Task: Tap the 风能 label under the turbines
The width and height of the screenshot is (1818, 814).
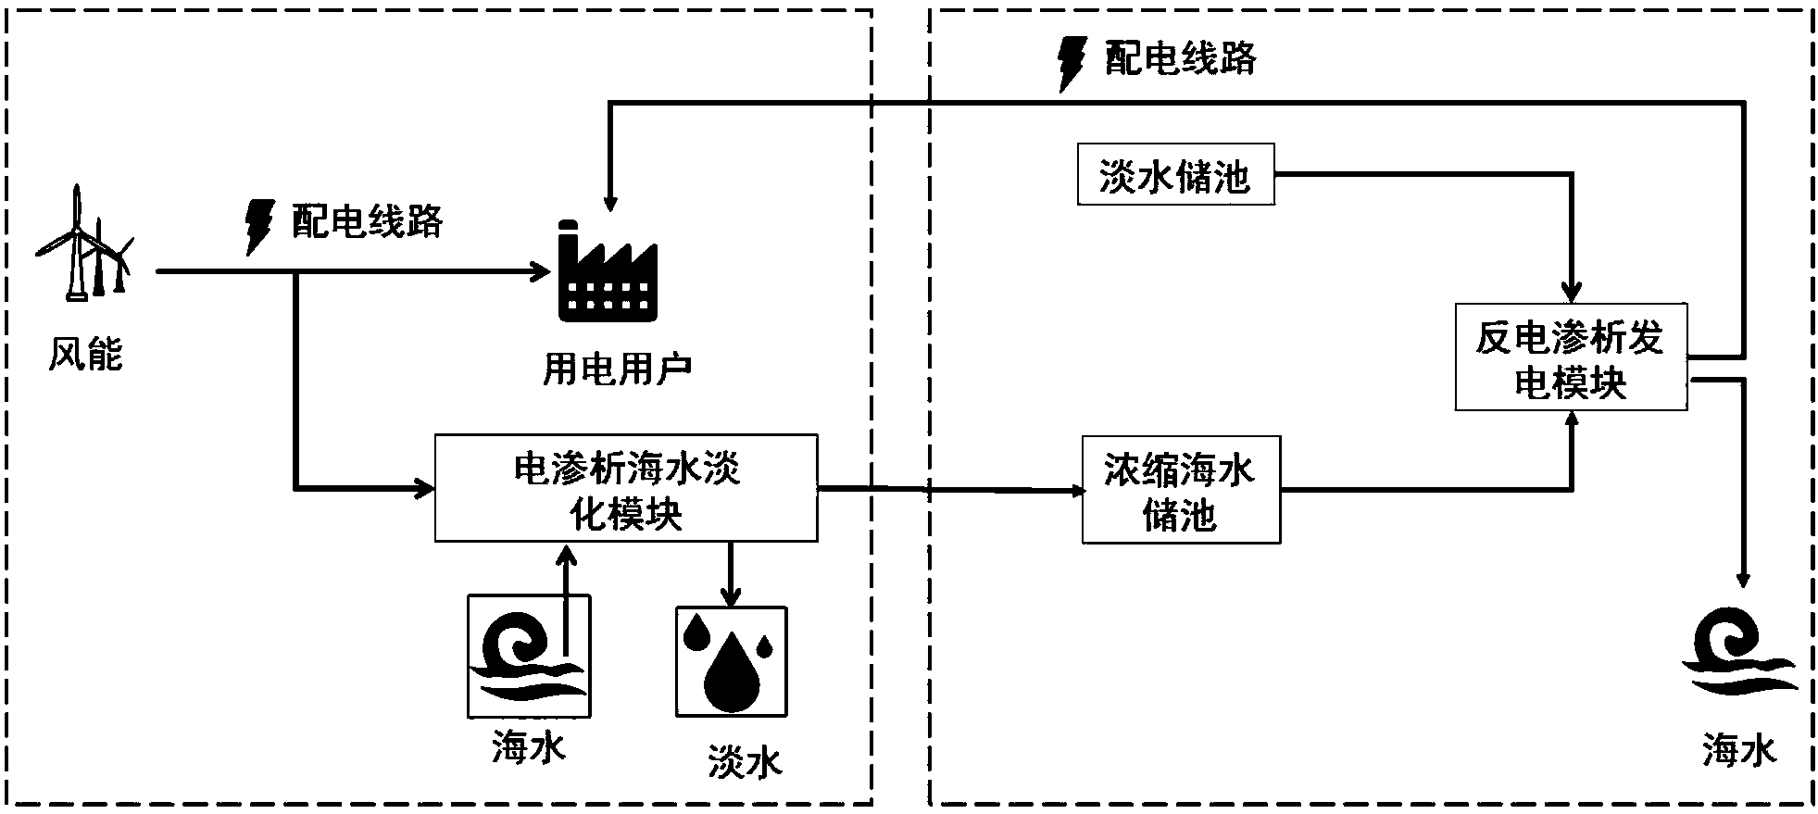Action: (85, 355)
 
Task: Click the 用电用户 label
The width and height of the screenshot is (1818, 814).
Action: (617, 369)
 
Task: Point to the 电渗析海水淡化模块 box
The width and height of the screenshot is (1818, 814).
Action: (626, 488)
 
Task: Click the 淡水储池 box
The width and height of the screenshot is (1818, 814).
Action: (1175, 174)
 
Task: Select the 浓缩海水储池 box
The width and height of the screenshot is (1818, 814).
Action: (1181, 490)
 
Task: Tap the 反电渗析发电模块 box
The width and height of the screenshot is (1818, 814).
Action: (1571, 357)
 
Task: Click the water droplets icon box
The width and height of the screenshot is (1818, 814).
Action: (732, 661)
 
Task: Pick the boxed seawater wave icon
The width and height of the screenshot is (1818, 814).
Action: (529, 657)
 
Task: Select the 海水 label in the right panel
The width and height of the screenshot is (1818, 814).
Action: (1739, 750)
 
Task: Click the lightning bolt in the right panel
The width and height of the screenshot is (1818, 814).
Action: (1072, 62)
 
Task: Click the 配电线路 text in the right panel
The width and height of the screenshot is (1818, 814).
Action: (1180, 58)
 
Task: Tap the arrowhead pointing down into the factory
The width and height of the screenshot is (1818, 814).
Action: (608, 203)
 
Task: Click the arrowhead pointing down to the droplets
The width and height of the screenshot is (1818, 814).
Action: (732, 597)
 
